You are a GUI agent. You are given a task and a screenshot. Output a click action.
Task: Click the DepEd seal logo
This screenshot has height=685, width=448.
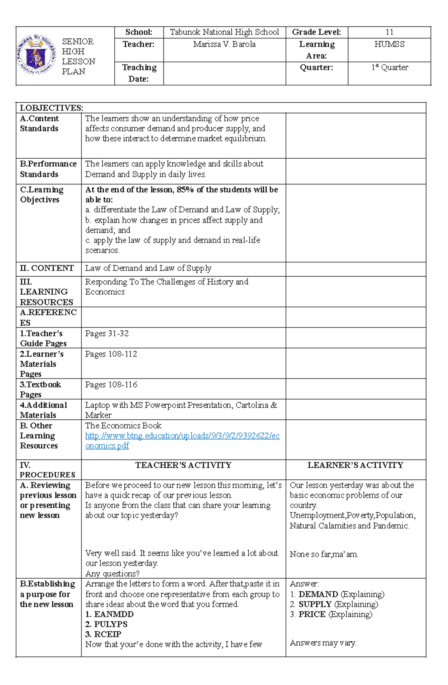(36, 55)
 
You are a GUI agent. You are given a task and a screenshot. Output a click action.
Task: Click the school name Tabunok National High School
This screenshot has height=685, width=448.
(224, 32)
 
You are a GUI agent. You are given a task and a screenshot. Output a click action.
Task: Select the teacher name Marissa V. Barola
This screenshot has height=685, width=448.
(224, 44)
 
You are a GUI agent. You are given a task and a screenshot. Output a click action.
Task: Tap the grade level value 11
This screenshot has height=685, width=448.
(389, 32)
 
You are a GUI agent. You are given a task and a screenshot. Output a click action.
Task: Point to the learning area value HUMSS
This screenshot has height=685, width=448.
(389, 44)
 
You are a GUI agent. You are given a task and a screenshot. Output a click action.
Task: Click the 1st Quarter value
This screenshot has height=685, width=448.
(389, 68)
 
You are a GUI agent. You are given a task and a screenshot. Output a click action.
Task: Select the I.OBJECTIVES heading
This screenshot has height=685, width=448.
(52, 108)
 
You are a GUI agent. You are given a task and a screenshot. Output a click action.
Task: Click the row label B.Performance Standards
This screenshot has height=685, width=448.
(48, 169)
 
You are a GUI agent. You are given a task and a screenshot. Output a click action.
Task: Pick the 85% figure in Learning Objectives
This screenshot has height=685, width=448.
(185, 190)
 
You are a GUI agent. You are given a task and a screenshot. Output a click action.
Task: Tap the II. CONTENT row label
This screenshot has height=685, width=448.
(47, 268)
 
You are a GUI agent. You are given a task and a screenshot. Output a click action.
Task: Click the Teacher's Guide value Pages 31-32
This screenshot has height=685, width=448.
(107, 333)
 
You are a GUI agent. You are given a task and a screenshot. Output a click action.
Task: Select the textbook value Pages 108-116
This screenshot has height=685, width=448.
(111, 384)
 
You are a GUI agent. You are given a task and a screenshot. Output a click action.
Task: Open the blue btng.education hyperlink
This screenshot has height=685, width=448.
(182, 436)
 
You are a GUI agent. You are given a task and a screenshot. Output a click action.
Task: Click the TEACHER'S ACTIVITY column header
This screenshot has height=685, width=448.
(183, 465)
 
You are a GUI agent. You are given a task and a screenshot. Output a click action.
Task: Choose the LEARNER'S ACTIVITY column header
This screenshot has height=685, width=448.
(355, 465)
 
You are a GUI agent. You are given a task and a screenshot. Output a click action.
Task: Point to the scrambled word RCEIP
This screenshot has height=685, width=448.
(108, 634)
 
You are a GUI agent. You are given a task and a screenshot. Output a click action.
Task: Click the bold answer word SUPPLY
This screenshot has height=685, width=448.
(315, 604)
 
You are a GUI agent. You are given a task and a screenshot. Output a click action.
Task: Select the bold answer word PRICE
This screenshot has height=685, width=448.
(312, 614)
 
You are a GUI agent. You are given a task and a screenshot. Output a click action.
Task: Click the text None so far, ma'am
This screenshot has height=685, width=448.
(324, 554)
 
